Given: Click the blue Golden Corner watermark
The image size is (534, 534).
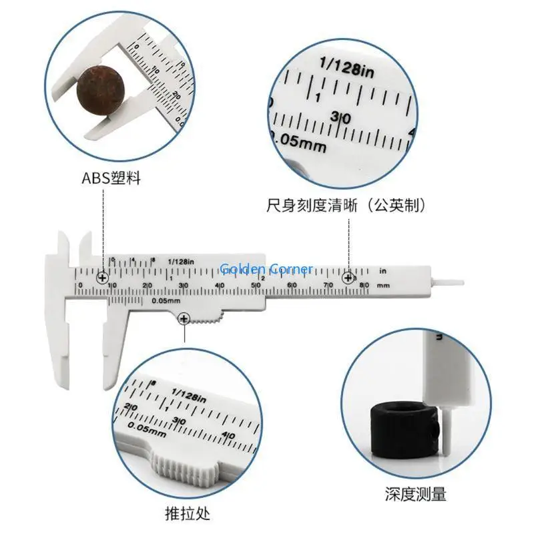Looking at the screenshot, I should click(x=266, y=270).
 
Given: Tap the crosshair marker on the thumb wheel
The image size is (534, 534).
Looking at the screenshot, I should click(x=184, y=320).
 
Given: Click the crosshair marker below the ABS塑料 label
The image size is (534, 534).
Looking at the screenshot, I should click(x=102, y=278).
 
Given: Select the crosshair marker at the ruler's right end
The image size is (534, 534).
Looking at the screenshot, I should click(x=348, y=278).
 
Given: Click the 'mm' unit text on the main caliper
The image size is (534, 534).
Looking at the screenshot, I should click(x=382, y=285).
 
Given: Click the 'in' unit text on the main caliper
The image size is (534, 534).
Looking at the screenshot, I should click(x=382, y=271).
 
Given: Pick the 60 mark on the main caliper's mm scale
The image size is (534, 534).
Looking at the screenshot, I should click(x=292, y=285).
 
